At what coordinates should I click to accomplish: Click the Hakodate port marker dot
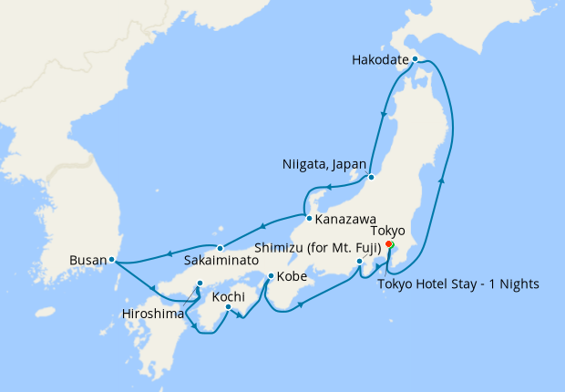pyautogui.click(x=415, y=59)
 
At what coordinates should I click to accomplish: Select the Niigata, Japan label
pyautogui.click(x=324, y=165)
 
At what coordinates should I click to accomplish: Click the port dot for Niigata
pyautogui.click(x=371, y=176)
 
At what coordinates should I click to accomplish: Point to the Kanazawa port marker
pyautogui.click(x=310, y=219)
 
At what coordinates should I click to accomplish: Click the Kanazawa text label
pyautogui.click(x=347, y=219)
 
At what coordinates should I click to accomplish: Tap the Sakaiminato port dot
pyautogui.click(x=220, y=248)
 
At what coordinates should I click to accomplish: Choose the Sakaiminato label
pyautogui.click(x=221, y=260)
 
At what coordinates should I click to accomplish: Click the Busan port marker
pyautogui.click(x=111, y=260)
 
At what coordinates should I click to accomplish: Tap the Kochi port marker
pyautogui.click(x=228, y=306)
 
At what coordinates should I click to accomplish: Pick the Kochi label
pyautogui.click(x=228, y=295)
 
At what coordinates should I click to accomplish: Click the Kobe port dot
pyautogui.click(x=271, y=275)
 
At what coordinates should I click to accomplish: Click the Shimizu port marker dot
pyautogui.click(x=360, y=263)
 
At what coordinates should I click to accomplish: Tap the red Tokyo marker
pyautogui.click(x=388, y=245)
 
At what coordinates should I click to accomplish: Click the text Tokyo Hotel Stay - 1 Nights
pyautogui.click(x=457, y=284)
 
